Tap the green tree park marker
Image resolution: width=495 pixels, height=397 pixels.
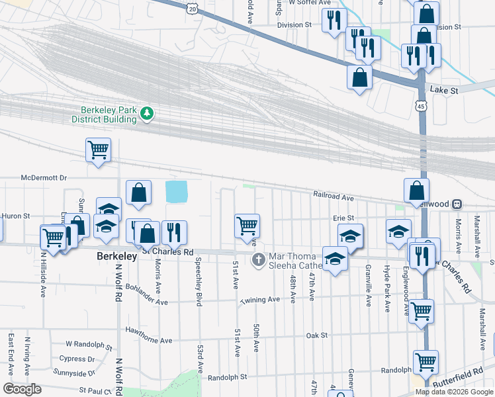pos(147,114)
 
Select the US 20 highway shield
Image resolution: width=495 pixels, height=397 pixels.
pos(192,8)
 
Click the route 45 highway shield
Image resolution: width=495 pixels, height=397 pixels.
pos(422,106)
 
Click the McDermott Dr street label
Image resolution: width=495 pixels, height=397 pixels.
pos(44,177)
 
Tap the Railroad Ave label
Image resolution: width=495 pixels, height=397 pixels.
pos(334,197)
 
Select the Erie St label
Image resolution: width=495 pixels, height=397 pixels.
pos(343,218)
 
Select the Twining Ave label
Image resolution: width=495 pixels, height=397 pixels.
pos(260,300)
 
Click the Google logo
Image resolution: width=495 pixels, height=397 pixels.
pos(22,389)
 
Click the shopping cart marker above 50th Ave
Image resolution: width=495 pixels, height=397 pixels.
pos(247,226)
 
